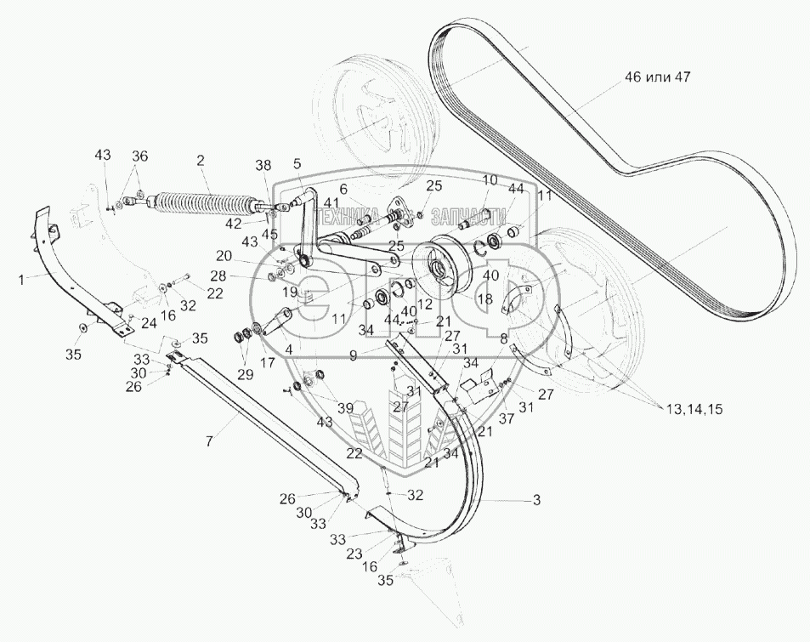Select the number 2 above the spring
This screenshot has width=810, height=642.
tap(200, 161)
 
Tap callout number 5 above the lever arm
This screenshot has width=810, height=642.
tap(297, 162)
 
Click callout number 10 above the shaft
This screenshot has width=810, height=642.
tap(490, 179)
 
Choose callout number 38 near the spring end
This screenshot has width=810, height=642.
tap(263, 167)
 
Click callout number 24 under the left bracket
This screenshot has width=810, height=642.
tap(149, 323)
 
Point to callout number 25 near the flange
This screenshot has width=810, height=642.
tap(434, 185)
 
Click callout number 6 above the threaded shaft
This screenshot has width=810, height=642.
tap(343, 188)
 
